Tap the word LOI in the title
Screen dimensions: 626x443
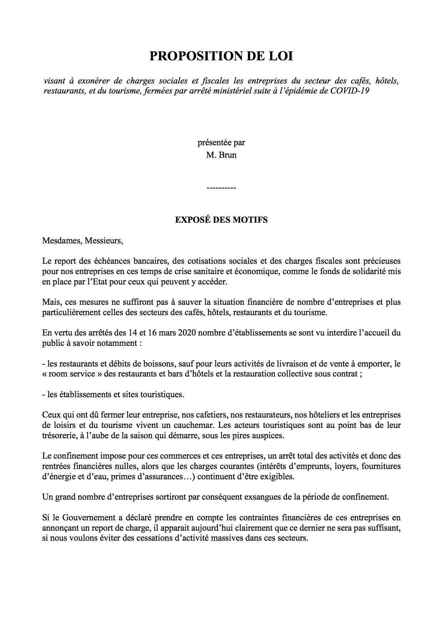(281, 56)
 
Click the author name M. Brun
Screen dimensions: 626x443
(221, 155)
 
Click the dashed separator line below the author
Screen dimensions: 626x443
(221, 188)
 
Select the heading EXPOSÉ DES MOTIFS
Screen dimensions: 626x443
(221, 220)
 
